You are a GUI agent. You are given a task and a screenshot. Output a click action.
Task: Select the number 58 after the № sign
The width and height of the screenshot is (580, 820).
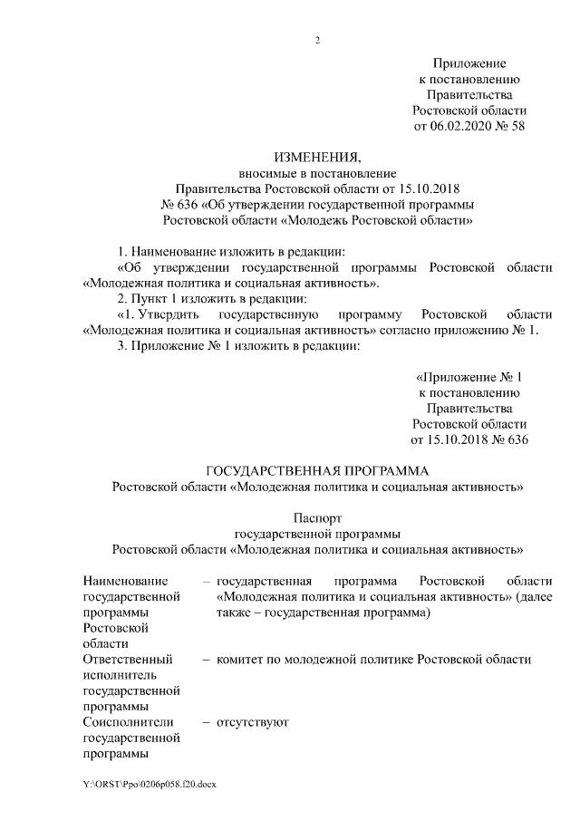517,126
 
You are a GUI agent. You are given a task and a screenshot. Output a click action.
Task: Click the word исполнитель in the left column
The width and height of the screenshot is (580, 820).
120,675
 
